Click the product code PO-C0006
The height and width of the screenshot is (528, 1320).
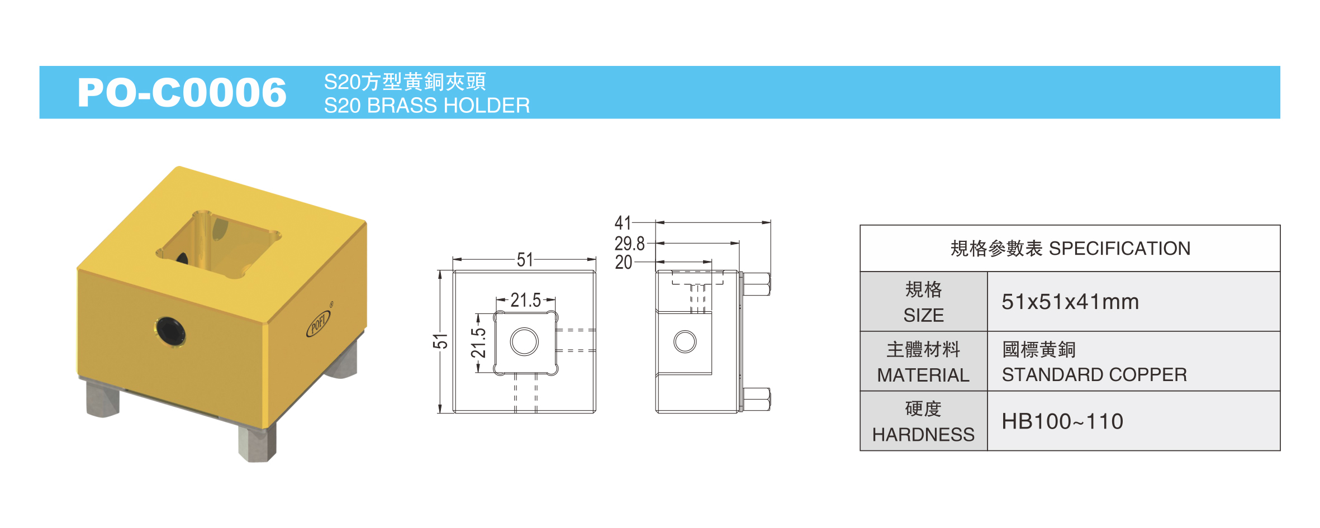pyautogui.click(x=182, y=92)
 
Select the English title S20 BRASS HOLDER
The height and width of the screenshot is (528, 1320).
pyautogui.click(x=427, y=106)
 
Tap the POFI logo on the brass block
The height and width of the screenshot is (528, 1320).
pyautogui.click(x=319, y=323)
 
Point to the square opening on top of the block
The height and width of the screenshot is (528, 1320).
pyautogui.click(x=218, y=245)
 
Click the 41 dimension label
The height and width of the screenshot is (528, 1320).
pyautogui.click(x=623, y=223)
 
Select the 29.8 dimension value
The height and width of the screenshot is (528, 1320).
pyautogui.click(x=629, y=244)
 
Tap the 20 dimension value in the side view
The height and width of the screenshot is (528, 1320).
pyautogui.click(x=624, y=262)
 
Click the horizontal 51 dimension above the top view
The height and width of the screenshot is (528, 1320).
pyautogui.click(x=525, y=260)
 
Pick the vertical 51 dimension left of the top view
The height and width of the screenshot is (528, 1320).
pyautogui.click(x=440, y=341)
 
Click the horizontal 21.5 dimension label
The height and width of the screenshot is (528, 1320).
pyautogui.click(x=525, y=301)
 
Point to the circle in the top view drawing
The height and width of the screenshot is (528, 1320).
pyautogui.click(x=524, y=342)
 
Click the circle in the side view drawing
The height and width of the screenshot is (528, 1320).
pyautogui.click(x=685, y=342)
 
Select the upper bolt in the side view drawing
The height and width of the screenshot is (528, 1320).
pyautogui.click(x=757, y=284)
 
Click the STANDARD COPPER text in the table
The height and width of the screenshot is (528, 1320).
pyautogui.click(x=1094, y=374)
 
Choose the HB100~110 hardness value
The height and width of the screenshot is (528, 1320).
pyautogui.click(x=1062, y=421)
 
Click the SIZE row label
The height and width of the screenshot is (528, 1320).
pyautogui.click(x=924, y=316)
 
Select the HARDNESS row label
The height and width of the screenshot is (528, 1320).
pyautogui.click(x=923, y=435)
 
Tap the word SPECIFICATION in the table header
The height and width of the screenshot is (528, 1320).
pyautogui.click(x=1119, y=248)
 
